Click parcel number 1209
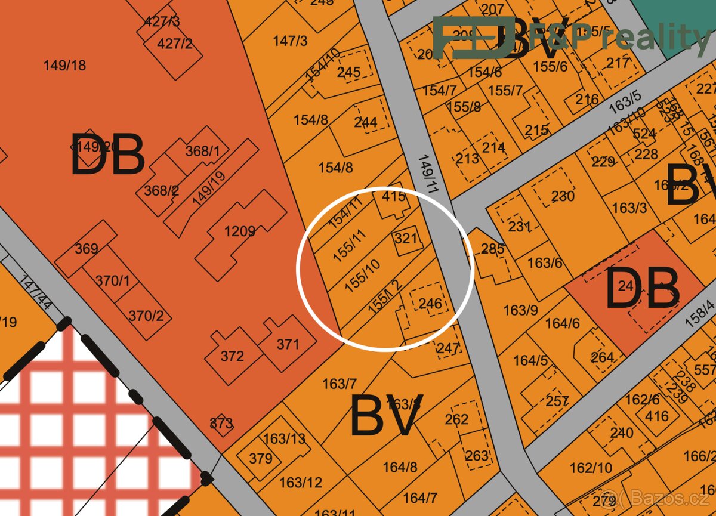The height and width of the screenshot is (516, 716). coord(240,231)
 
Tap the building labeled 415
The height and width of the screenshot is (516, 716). coord(394,196)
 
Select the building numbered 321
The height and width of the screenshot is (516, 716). coord(406,239)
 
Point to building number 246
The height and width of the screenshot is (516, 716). coord(430,304)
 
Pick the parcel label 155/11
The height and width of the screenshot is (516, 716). coord(349,245)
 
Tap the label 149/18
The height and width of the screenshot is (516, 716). coord(64,65)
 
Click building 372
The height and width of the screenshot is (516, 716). coord(232,356)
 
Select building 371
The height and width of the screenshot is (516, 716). coord(288,344)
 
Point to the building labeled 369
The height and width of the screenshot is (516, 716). coord(87,248)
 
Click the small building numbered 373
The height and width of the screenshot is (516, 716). coord(221,424)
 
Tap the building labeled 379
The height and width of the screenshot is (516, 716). coord(261,459)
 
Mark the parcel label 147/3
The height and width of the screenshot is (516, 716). coord(291,41)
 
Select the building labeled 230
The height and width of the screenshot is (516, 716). coord(563,196)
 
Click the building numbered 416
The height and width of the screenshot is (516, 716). coord(657,415)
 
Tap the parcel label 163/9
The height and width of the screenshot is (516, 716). coord(520,310)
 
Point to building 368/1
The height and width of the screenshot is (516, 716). coord(202,151)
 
